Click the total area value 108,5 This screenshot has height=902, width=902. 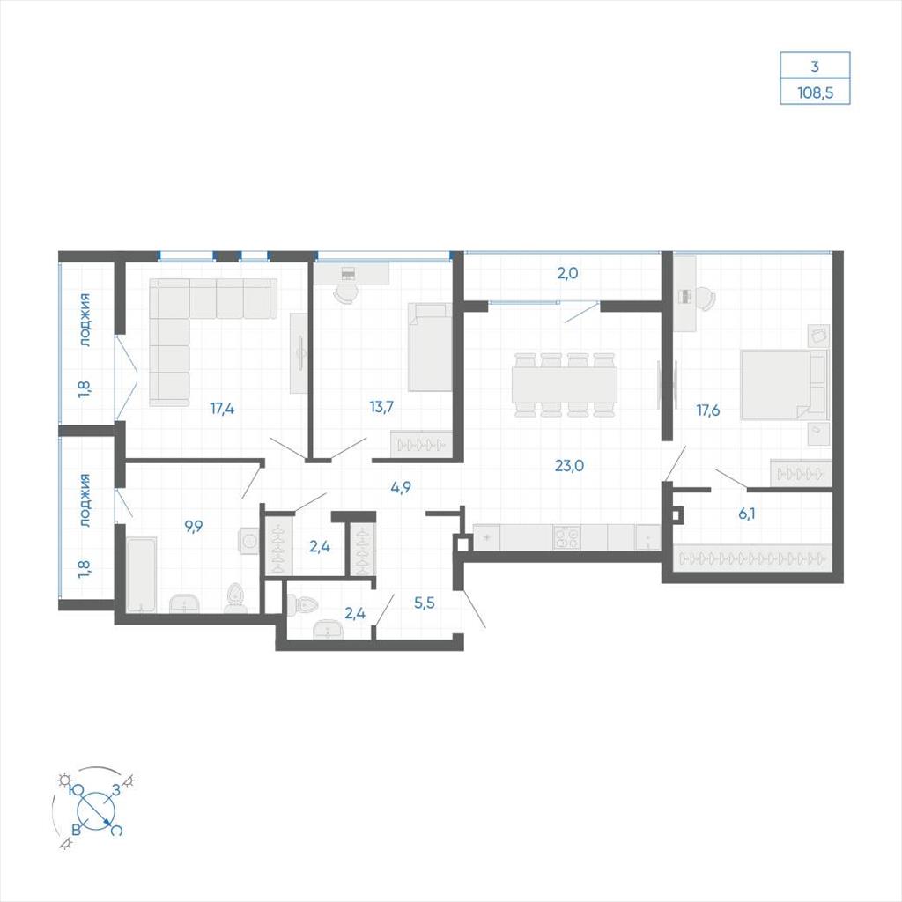pos(815,92)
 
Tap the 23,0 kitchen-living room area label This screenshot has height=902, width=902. pos(569,465)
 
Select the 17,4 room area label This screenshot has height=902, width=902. pos(222,409)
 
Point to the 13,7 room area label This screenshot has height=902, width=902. pos(381,407)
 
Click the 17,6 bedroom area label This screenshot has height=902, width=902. pos(707,410)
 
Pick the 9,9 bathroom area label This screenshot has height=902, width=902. pos(193,527)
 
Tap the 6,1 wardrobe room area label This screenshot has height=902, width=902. pos(747,514)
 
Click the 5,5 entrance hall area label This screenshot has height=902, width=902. pos(424,603)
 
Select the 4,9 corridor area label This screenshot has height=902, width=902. pos(401,488)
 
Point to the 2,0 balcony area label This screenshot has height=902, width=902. pos(567,274)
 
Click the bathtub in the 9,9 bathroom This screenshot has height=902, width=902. pos(141,574)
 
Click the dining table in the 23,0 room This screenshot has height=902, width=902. pos(565,385)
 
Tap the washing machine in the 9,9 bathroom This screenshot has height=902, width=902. pos(249,541)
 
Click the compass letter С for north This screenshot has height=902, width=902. pos(116,831)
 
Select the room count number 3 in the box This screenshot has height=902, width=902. pos(815,67)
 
